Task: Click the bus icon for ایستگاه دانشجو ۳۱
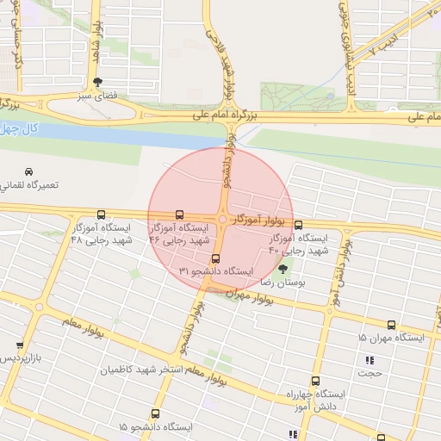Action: pyautogui.click(x=215, y=258)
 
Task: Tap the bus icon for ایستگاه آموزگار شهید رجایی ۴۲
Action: pyautogui.click(x=179, y=214)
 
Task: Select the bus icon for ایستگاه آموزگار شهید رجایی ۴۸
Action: pyautogui.click(x=102, y=214)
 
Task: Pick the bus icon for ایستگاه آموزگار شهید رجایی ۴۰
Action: pyautogui.click(x=298, y=225)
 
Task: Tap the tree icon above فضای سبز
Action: pyautogui.click(x=97, y=83)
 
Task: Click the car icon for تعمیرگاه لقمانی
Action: pyautogui.click(x=30, y=171)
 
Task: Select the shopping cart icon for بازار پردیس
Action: pyautogui.click(x=20, y=345)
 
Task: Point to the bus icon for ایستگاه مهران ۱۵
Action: pyautogui.click(x=392, y=325)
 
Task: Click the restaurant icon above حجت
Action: pyautogui.click(x=370, y=360)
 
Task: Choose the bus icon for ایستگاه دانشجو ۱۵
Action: pyautogui.click(x=155, y=414)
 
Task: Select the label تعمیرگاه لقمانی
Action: pyautogui.click(x=29, y=185)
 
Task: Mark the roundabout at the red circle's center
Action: pyautogui.click(x=221, y=220)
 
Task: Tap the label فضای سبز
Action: pyautogui.click(x=98, y=96)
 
